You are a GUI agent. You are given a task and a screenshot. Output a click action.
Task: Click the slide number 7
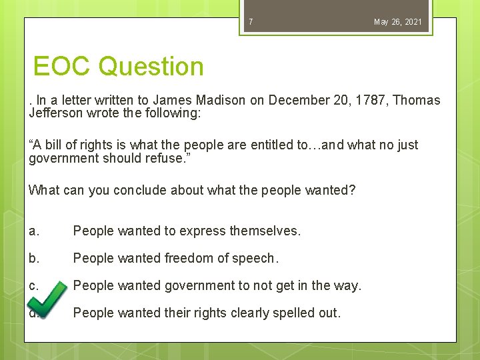click(x=251, y=22)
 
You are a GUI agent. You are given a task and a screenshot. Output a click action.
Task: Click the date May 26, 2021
click(x=397, y=22)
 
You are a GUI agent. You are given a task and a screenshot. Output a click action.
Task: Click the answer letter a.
click(x=34, y=231)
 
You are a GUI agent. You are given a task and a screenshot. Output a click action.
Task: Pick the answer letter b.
click(x=34, y=259)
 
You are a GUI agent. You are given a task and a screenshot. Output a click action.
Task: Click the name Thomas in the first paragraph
click(x=417, y=101)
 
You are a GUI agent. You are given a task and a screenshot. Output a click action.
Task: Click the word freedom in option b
click(x=177, y=259)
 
